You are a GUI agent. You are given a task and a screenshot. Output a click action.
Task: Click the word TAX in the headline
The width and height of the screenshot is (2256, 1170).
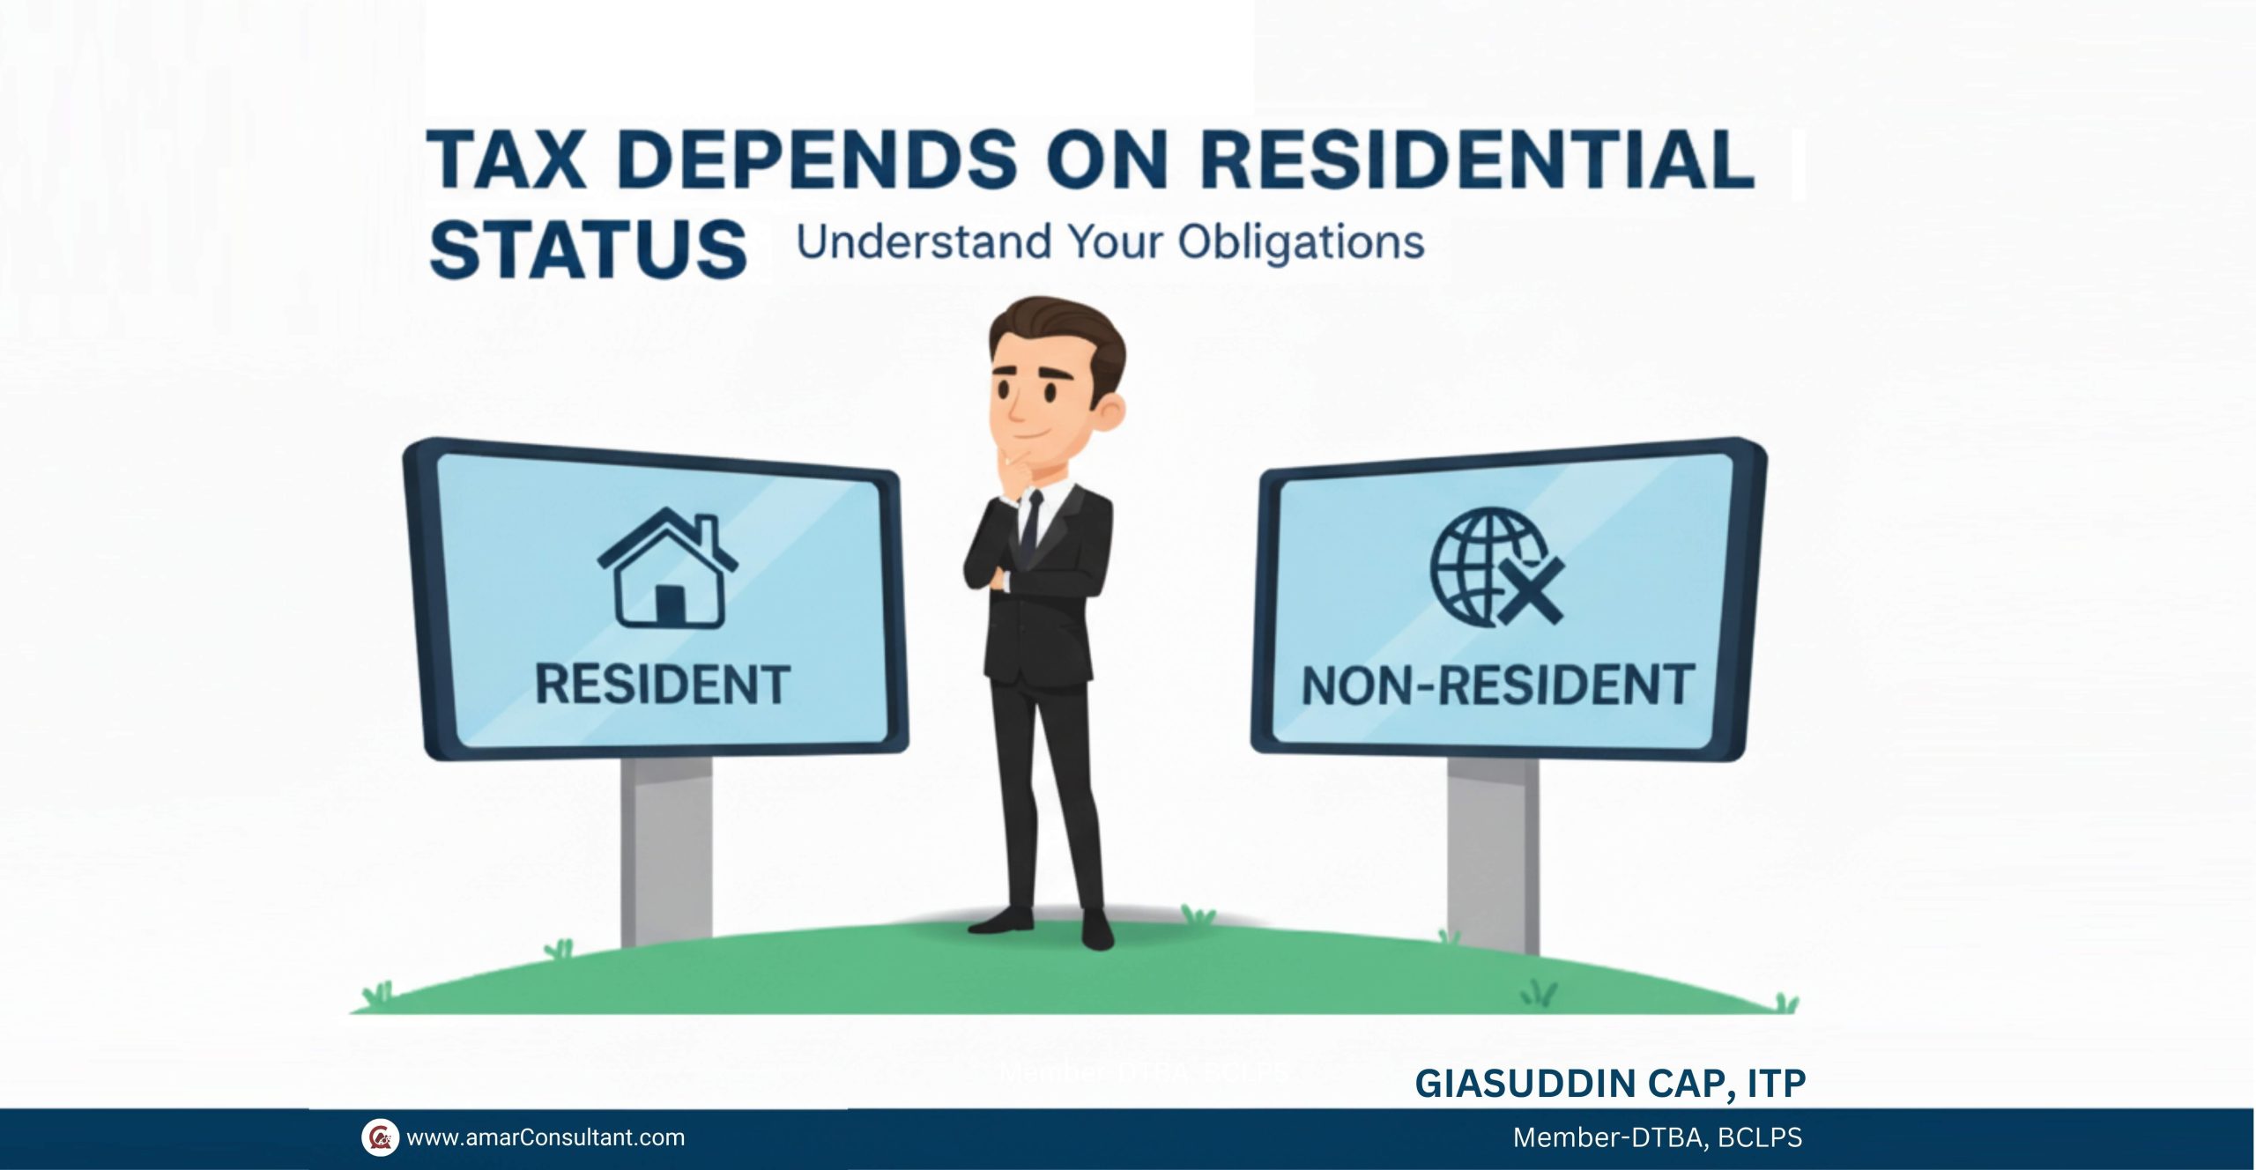(x=507, y=159)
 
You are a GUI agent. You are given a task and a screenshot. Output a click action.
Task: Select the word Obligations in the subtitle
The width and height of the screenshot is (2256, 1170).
(x=1301, y=242)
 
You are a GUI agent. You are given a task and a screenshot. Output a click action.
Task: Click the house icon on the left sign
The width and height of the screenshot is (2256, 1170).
(x=667, y=569)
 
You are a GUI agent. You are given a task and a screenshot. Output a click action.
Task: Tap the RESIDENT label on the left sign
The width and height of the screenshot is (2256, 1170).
(x=663, y=685)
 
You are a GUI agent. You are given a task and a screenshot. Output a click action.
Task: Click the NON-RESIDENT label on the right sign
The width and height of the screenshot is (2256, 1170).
(x=1498, y=685)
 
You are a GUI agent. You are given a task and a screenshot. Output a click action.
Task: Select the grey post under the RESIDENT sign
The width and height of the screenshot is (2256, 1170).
(x=666, y=852)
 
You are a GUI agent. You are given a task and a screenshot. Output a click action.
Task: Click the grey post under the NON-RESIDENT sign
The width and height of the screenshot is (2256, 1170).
(x=1493, y=855)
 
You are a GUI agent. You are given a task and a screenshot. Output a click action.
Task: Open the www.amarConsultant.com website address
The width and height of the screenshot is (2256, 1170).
(x=545, y=1137)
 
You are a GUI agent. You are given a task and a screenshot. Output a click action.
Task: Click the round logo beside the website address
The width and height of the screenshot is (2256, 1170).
(x=380, y=1137)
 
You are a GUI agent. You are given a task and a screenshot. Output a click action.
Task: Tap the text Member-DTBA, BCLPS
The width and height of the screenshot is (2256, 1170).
(x=1658, y=1137)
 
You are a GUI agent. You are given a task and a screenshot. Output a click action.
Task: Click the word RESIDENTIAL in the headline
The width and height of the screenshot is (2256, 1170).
(x=1477, y=159)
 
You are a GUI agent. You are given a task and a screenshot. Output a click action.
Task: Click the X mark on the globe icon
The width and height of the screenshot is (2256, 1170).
(x=1532, y=591)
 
